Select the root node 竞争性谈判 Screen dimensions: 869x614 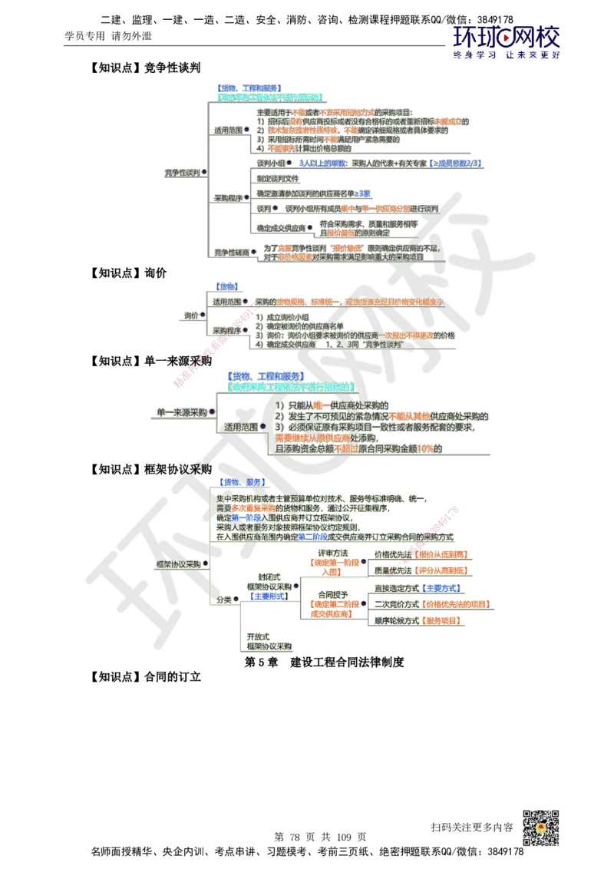(x=181, y=172)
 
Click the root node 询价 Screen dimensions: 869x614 (x=192, y=316)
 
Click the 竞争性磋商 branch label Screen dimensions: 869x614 (x=232, y=251)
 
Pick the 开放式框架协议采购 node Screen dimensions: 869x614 (x=269, y=643)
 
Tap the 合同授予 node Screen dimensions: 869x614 (x=333, y=594)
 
